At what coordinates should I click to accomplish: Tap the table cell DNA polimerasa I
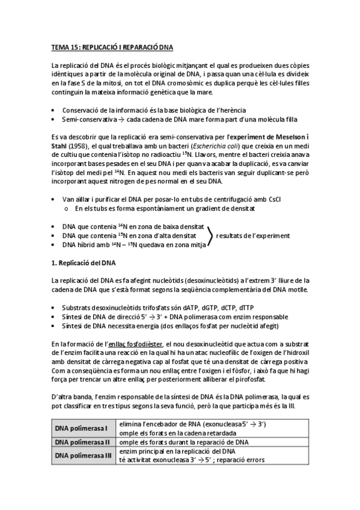pyautogui.click(x=81, y=428)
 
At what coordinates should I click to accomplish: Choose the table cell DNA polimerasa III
pyautogui.click(x=83, y=455)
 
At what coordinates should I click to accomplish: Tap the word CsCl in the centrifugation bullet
pyautogui.click(x=266, y=199)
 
